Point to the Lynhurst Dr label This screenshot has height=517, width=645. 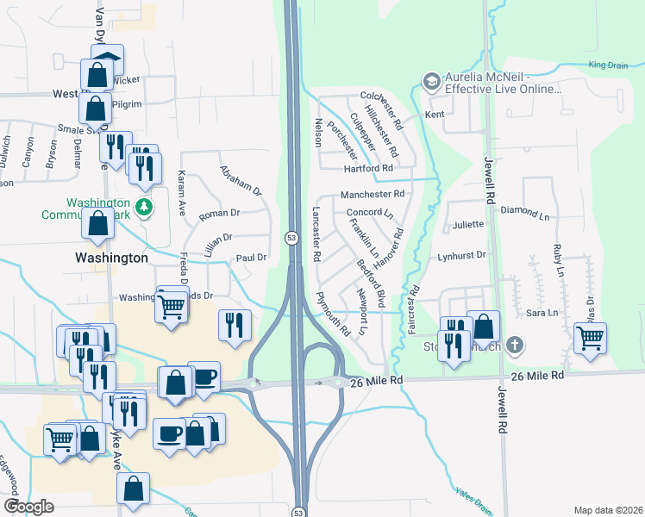tap(461, 255)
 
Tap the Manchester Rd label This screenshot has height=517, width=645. tap(373, 195)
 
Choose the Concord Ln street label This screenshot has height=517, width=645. tap(369, 212)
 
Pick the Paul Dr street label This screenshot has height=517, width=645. tap(251, 257)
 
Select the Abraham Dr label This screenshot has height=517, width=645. tap(240, 180)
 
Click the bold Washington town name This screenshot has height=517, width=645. tap(111, 258)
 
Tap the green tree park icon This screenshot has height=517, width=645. tap(145, 207)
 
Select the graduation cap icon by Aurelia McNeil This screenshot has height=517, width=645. tap(430, 81)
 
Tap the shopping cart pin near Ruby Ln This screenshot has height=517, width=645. tap(590, 337)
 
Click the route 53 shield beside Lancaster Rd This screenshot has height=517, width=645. tap(291, 237)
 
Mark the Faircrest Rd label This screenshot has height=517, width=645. tap(413, 309)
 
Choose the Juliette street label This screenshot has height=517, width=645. tap(467, 225)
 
